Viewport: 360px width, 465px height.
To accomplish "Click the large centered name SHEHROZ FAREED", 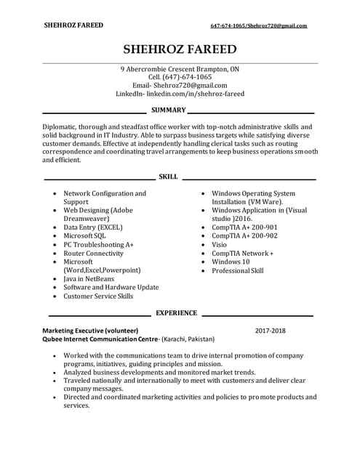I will (x=180, y=49).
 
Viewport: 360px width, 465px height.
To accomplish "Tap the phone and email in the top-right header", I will (x=258, y=25).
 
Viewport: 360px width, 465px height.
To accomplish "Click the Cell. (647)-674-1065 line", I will (x=180, y=77).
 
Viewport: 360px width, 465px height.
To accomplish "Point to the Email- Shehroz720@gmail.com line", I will (x=180, y=85).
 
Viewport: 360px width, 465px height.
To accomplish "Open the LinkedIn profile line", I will (x=180, y=94).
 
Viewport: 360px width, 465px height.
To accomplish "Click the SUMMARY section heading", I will (x=168, y=110).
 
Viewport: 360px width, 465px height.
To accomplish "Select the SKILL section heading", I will (x=168, y=177).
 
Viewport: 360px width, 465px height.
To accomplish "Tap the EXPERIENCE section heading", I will (x=176, y=313).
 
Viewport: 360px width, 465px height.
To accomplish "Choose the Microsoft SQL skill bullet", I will (x=84, y=236).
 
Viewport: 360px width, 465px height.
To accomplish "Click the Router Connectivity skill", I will (x=93, y=254).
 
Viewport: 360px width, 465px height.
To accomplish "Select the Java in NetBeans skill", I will (x=89, y=279).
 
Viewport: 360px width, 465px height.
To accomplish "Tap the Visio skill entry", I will (x=220, y=245).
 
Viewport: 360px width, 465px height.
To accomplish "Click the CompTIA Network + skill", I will (x=242, y=254).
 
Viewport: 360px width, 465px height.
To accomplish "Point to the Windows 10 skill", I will (x=231, y=262).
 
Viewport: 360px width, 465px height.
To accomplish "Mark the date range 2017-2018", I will (x=271, y=331).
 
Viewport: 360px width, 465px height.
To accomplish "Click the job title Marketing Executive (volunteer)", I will (x=90, y=331).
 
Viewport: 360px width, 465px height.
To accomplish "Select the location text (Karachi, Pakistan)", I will (x=188, y=339).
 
